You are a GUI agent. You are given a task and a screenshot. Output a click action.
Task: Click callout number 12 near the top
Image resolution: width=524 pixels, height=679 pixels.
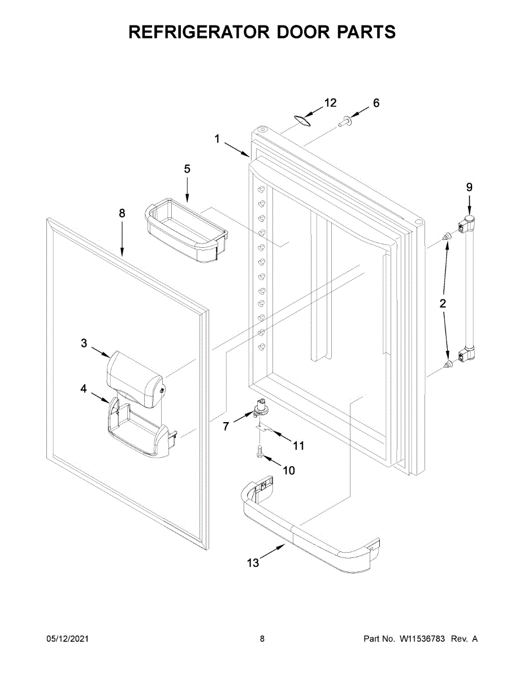pyautogui.click(x=330, y=102)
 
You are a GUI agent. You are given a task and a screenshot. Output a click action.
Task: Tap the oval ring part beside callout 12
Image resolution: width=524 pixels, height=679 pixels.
pyautogui.click(x=305, y=119)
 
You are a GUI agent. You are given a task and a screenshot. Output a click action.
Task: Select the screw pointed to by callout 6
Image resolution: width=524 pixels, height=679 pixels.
pyautogui.click(x=344, y=121)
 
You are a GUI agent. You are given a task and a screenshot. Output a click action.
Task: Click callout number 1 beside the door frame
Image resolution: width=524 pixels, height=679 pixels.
pyautogui.click(x=217, y=139)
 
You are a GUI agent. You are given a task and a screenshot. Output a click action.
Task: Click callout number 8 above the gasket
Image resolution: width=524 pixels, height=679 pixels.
pyautogui.click(x=122, y=213)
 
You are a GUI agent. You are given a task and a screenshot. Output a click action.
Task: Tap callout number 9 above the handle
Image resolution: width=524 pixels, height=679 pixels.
pyautogui.click(x=469, y=187)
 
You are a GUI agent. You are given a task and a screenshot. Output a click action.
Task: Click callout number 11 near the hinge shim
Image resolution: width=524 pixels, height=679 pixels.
pyautogui.click(x=298, y=446)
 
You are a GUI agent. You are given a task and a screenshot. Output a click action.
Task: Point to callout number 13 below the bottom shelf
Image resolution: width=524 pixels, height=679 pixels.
pyautogui.click(x=253, y=562)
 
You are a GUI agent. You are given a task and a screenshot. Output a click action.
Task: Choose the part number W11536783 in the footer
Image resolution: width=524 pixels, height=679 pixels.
pyautogui.click(x=423, y=639)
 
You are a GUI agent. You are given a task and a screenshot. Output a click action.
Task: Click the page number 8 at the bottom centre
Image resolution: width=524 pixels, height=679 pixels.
pyautogui.click(x=262, y=639)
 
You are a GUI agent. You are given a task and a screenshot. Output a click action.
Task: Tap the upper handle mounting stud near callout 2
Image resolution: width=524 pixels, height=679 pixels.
pyautogui.click(x=447, y=237)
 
